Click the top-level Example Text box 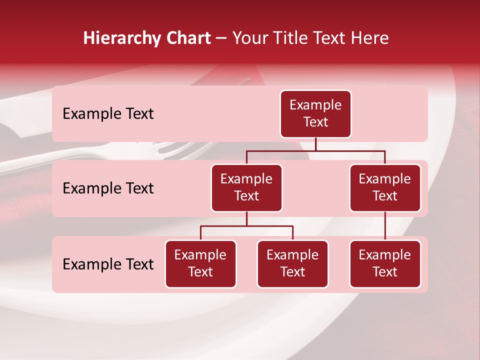point(315,114)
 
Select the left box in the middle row point(246,188)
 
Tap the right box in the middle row point(385,188)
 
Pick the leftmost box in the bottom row point(200,264)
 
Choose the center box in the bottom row point(292,264)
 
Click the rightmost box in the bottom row point(385,264)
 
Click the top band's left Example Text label point(108,114)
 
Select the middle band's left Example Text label point(108,188)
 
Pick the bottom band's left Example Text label point(108,264)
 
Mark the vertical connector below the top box point(315,144)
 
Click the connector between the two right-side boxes point(385,226)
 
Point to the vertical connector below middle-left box point(246,219)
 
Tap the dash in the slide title point(221,38)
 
